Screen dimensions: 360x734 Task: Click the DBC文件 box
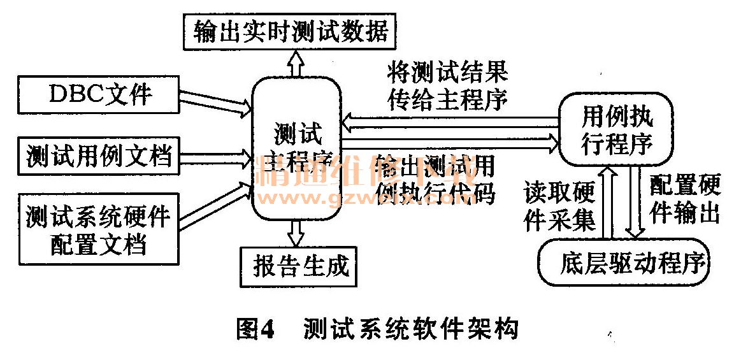99,95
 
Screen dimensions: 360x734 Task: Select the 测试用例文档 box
99,155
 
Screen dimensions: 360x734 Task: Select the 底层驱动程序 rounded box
624,262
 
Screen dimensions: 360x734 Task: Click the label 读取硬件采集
559,205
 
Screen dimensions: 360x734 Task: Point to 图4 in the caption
254,329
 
